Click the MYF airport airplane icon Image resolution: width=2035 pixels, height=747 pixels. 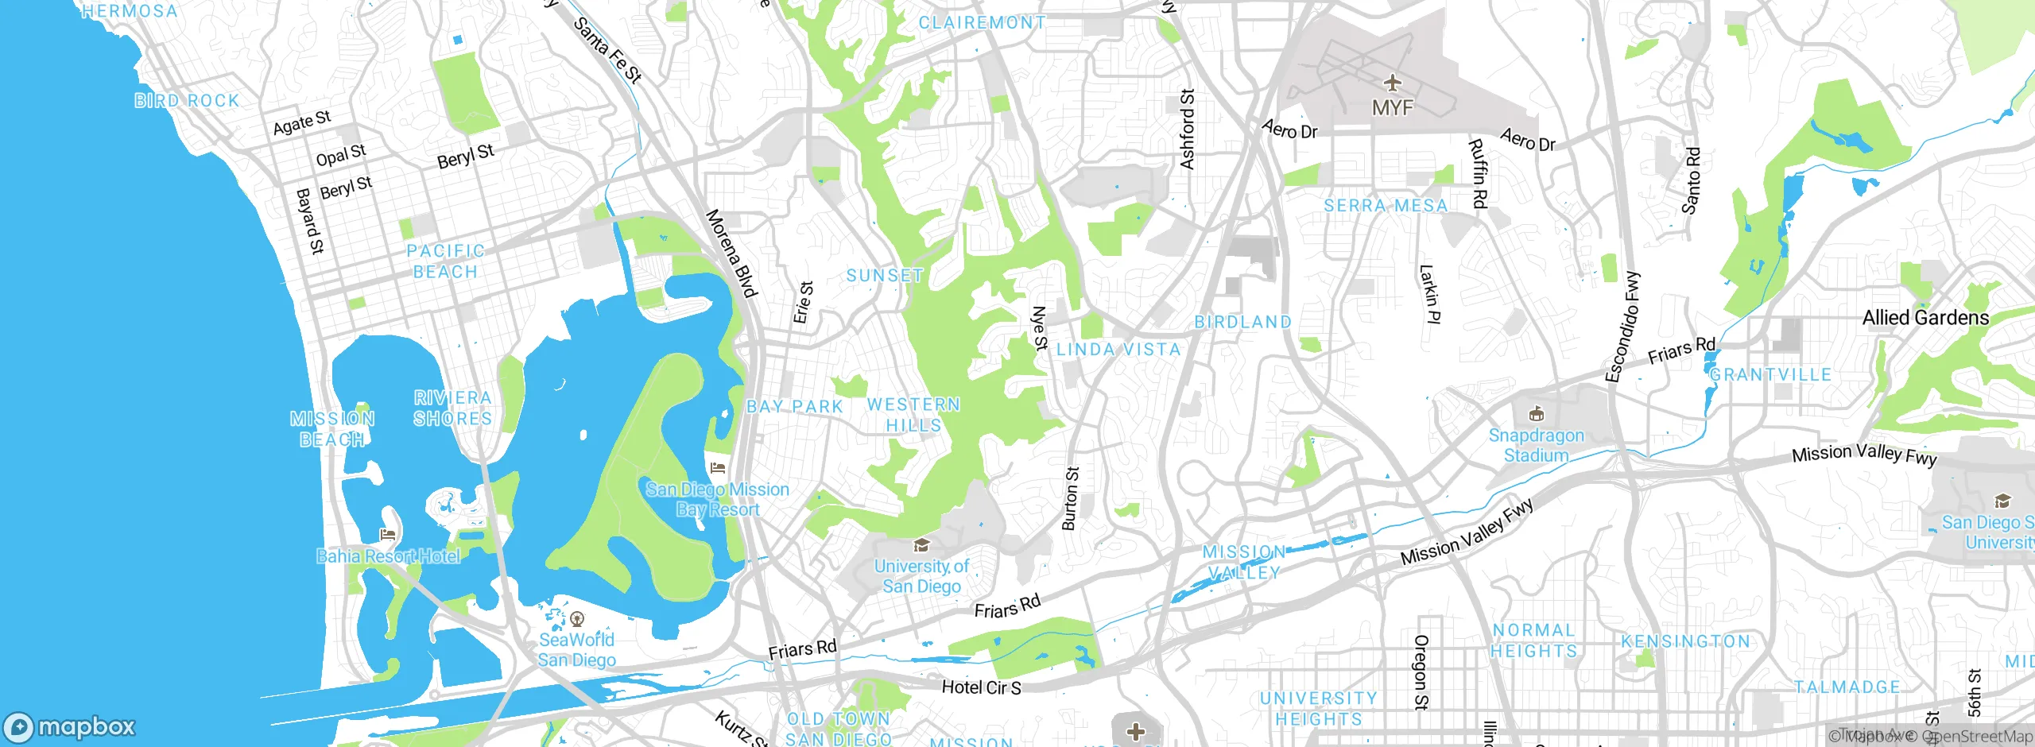coord(1392,82)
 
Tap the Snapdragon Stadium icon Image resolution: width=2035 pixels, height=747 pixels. coord(1536,413)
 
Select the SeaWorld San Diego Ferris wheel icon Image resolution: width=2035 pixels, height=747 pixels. coord(578,618)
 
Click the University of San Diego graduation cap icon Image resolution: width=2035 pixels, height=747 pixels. coord(921,545)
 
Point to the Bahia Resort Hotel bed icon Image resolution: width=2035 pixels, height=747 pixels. coord(388,535)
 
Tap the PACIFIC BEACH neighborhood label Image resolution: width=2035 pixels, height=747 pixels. coord(445,261)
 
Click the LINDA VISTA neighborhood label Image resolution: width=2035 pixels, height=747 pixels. coord(1118,350)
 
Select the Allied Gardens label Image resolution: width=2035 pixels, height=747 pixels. coord(1925,318)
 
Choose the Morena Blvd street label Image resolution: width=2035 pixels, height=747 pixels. coord(731,254)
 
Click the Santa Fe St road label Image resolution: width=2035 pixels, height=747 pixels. coord(607,51)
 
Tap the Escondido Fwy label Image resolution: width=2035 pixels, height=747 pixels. coord(1622,327)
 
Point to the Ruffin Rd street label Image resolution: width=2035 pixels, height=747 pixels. coord(1478,174)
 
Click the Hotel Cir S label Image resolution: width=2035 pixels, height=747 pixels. coord(981,687)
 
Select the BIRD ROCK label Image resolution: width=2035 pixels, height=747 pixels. coord(187,101)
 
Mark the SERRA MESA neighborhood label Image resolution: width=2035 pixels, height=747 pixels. coord(1386,206)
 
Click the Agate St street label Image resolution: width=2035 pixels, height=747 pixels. coord(301,123)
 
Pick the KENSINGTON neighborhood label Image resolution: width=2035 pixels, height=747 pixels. coord(1685,641)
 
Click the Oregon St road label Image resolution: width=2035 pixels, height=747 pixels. coord(1421,672)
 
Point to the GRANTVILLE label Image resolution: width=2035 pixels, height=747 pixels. coord(1770,374)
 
